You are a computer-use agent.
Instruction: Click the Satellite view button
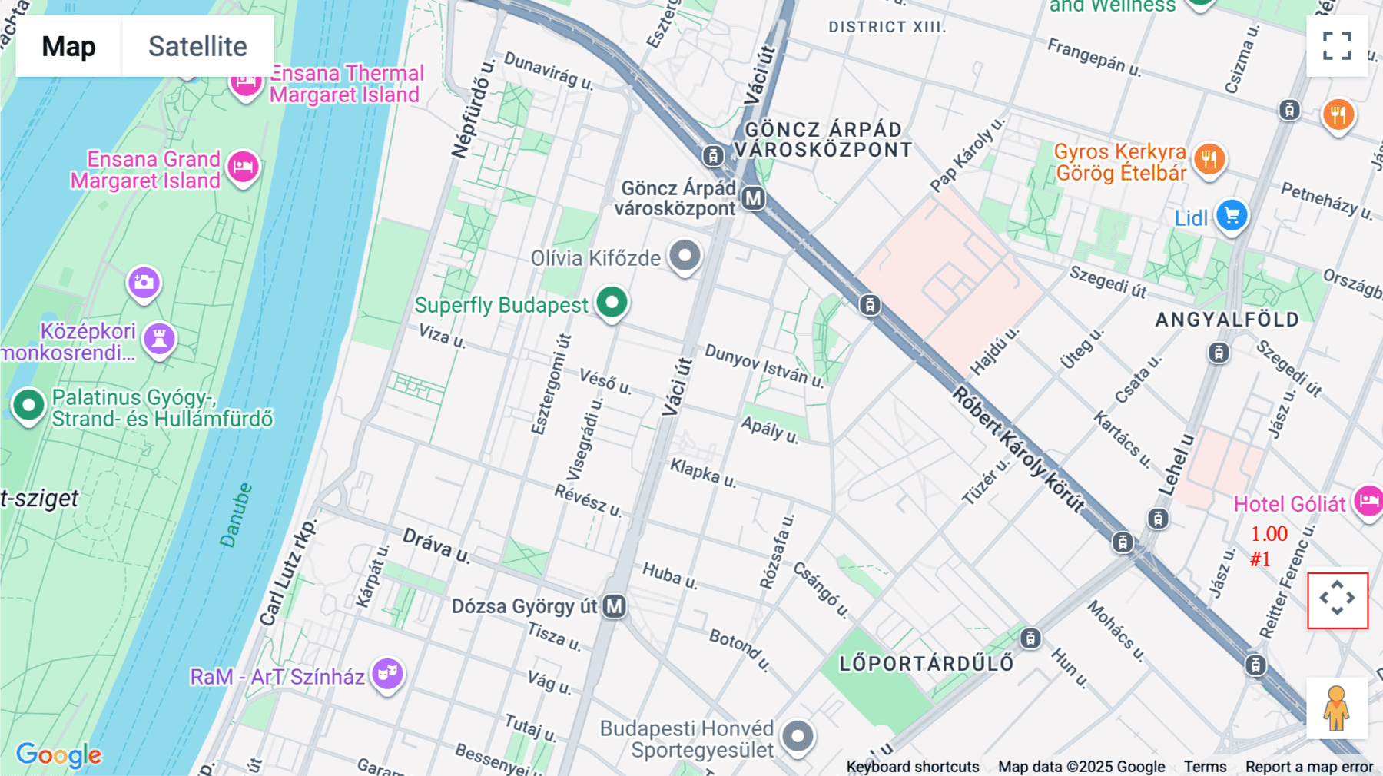click(x=197, y=46)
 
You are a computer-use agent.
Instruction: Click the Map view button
click(x=68, y=46)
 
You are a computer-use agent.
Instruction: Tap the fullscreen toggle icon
click(x=1337, y=46)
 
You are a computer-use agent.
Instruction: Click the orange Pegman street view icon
click(x=1337, y=708)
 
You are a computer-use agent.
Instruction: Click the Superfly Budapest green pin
click(x=612, y=302)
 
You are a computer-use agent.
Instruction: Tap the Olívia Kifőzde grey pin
click(x=685, y=254)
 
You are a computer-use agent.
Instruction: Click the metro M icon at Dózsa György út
click(x=614, y=606)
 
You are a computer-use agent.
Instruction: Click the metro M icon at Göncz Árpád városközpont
click(x=753, y=198)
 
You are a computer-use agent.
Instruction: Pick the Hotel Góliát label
click(x=1289, y=504)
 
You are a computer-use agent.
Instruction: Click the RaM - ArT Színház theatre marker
click(x=387, y=674)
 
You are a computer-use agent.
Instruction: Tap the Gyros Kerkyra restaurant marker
click(x=1209, y=160)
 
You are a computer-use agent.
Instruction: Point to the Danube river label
click(x=236, y=515)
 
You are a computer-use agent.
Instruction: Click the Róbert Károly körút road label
click(x=1018, y=450)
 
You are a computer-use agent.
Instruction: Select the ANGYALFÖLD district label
click(x=1227, y=320)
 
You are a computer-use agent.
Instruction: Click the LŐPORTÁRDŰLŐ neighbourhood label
click(x=926, y=664)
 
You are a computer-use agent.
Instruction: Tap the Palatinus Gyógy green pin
click(x=29, y=405)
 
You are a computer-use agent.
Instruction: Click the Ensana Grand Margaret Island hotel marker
click(x=244, y=167)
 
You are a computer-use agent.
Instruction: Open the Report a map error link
click(x=1309, y=767)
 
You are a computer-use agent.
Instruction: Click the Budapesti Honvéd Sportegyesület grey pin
click(x=798, y=737)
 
